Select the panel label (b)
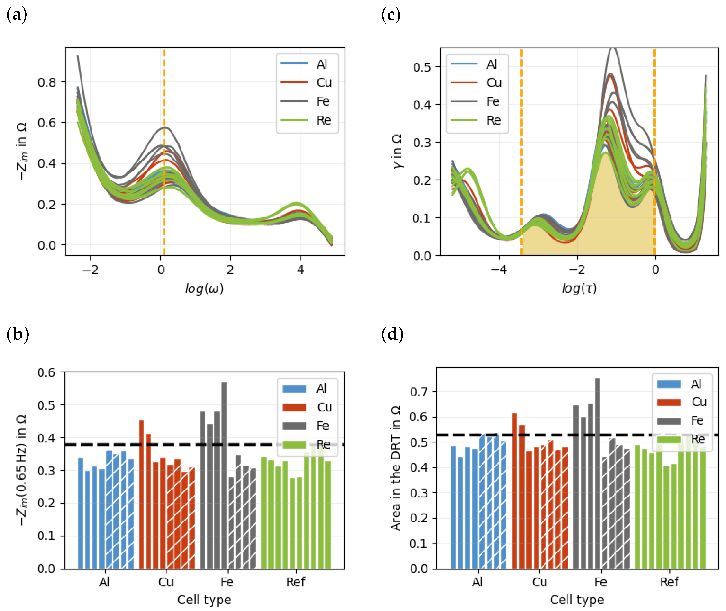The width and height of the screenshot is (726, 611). click(18, 335)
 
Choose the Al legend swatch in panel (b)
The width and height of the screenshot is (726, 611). click(294, 389)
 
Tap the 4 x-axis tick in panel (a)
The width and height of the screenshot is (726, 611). click(300, 270)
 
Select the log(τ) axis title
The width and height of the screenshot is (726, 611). click(579, 288)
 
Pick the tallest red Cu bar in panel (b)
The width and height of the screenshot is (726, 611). click(141, 495)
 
